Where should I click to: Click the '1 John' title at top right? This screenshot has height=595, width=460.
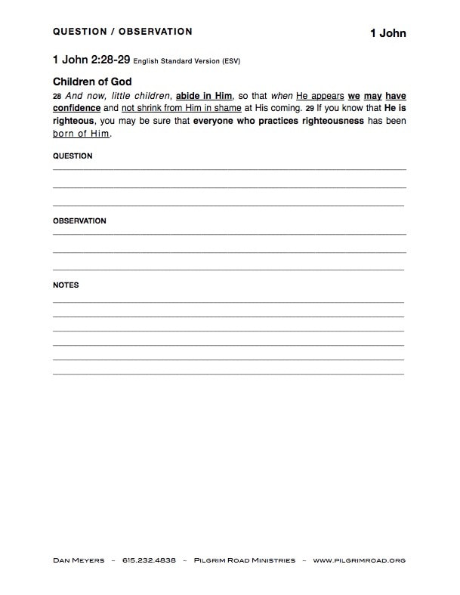click(x=387, y=33)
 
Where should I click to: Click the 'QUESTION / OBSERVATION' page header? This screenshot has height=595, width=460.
click(x=122, y=32)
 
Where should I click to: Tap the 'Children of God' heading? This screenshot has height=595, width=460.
click(x=92, y=82)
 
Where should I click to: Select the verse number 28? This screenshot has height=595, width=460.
click(x=57, y=97)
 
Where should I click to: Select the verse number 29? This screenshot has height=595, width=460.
click(x=310, y=109)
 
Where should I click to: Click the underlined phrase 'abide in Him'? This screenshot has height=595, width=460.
click(x=203, y=97)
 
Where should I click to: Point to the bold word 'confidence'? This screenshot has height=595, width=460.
click(x=76, y=108)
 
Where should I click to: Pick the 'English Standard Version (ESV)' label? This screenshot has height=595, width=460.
click(x=187, y=60)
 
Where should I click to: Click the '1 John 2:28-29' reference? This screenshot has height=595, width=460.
click(x=91, y=59)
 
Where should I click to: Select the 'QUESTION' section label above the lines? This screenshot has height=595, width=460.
click(x=73, y=156)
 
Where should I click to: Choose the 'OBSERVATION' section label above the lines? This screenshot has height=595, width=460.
click(x=79, y=221)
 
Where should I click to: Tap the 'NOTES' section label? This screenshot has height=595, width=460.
click(x=66, y=285)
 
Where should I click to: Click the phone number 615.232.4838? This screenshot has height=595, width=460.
click(x=149, y=560)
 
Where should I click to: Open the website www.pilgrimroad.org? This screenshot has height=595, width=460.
click(x=359, y=560)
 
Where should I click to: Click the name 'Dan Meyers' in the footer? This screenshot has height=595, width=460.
click(x=79, y=560)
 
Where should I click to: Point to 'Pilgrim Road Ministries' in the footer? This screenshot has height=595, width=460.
click(x=245, y=560)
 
